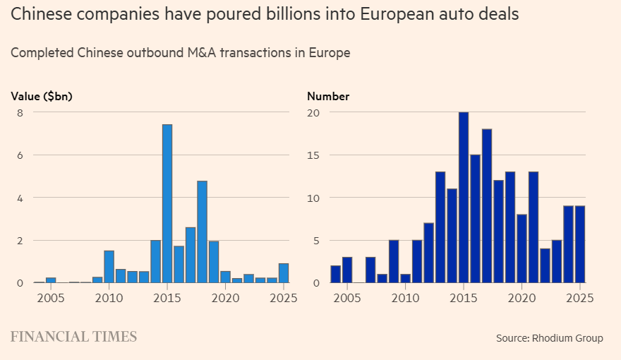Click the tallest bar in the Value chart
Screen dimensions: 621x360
(167, 203)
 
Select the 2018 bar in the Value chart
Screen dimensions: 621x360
(202, 232)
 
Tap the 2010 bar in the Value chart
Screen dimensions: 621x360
(109, 267)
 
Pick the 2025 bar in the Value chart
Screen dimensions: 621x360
(284, 273)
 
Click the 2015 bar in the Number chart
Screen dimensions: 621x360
(464, 197)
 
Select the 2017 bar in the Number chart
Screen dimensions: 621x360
(487, 206)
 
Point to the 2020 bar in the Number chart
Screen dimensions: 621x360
(521, 248)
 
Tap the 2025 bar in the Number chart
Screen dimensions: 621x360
(580, 244)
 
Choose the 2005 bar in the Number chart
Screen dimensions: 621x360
(347, 270)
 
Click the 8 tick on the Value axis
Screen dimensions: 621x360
(20, 113)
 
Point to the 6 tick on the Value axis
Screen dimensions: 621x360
(20, 155)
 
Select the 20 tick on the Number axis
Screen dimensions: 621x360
(313, 113)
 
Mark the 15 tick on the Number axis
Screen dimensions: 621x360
(313, 155)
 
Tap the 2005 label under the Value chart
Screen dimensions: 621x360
(51, 298)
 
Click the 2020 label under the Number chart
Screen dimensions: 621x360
(521, 298)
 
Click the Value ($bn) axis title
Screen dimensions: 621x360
(42, 96)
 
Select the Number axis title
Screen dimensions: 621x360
(328, 96)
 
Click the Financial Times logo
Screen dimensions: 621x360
(73, 337)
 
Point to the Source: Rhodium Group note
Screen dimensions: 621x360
(550, 338)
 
